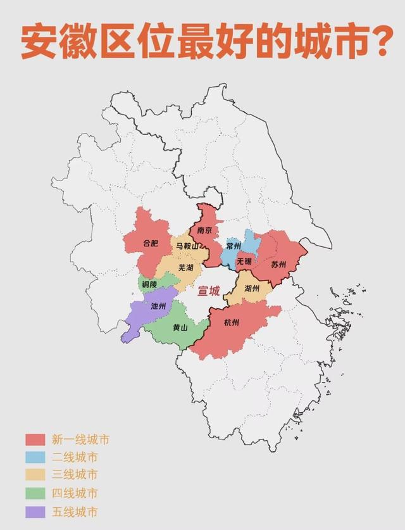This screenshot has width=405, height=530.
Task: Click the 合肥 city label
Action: click(151, 243)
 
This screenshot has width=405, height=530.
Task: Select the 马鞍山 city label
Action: click(188, 246)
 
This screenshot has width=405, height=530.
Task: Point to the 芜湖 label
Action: click(185, 268)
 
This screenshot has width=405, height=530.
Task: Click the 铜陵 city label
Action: click(149, 285)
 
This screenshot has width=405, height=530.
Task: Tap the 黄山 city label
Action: click(180, 327)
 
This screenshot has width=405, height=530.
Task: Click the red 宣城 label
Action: click(209, 291)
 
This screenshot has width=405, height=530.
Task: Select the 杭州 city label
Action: click(232, 322)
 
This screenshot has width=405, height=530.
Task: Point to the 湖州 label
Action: click(251, 289)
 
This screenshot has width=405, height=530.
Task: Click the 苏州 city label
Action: click(278, 264)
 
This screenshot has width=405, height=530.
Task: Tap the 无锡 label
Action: click(244, 261)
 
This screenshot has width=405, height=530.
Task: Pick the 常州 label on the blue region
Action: click(234, 246)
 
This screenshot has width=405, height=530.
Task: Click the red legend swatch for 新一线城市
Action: click(34, 439)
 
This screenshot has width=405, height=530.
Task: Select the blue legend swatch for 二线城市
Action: click(34, 457)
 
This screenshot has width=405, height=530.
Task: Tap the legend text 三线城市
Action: click(75, 475)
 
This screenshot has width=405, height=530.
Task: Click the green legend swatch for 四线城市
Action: click(34, 493)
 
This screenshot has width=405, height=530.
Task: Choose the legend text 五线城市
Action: click(75, 512)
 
